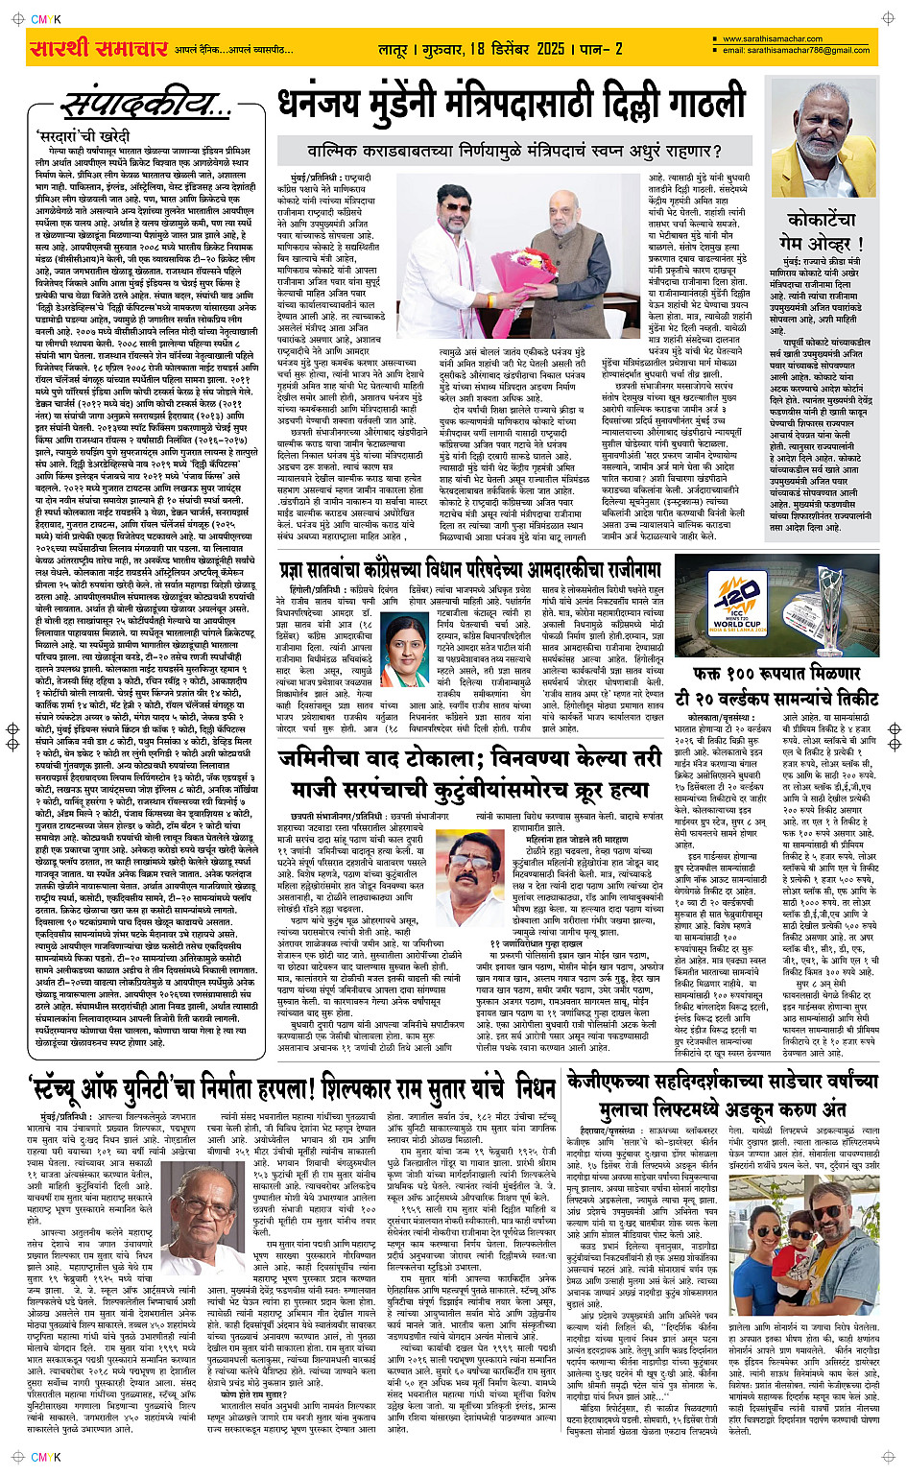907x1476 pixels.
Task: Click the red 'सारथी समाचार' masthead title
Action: tap(96, 49)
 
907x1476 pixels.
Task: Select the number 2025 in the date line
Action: tap(550, 49)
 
